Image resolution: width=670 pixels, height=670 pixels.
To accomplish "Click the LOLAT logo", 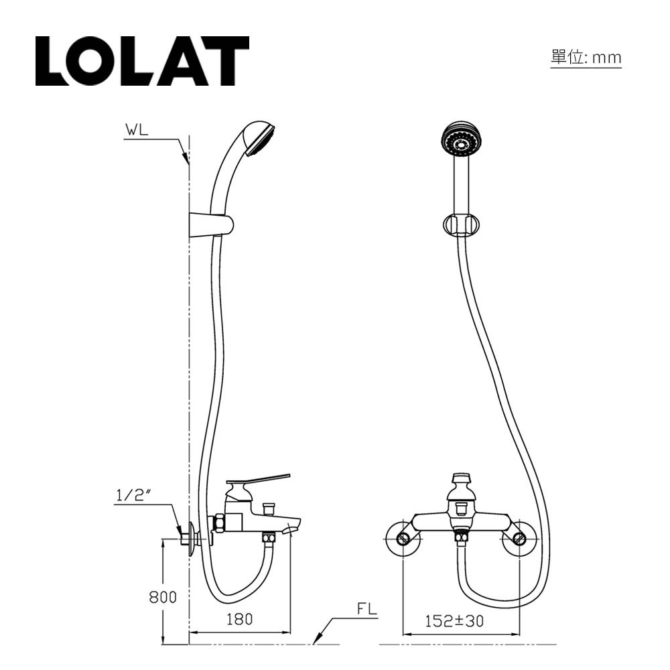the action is coord(142,61).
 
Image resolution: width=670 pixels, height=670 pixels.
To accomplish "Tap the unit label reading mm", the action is coord(607,58).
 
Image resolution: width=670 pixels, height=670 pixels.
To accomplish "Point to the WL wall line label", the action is coord(137,130).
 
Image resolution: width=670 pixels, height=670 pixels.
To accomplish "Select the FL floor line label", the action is coord(367,609).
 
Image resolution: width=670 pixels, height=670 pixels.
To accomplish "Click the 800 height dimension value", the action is coord(163,597).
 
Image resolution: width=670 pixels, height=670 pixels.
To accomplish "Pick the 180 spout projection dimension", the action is coord(239,619).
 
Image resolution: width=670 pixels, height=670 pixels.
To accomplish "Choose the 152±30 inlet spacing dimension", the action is coord(454,621).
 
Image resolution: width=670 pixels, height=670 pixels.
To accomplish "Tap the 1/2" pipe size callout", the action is coord(135,495).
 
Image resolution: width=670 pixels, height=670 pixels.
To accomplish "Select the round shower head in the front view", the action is coord(461,142).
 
